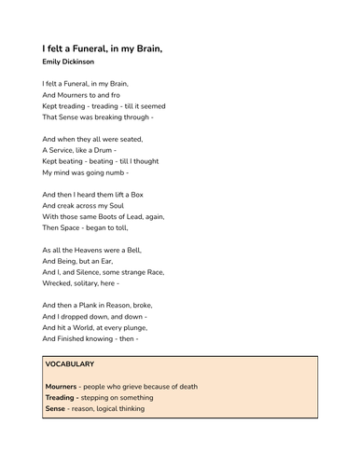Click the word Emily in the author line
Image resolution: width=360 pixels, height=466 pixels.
point(52,62)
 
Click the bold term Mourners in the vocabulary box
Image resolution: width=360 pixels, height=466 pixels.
point(62,386)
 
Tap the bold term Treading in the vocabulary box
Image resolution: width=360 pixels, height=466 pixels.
point(62,398)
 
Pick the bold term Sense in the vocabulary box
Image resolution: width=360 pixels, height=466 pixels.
point(56,409)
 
